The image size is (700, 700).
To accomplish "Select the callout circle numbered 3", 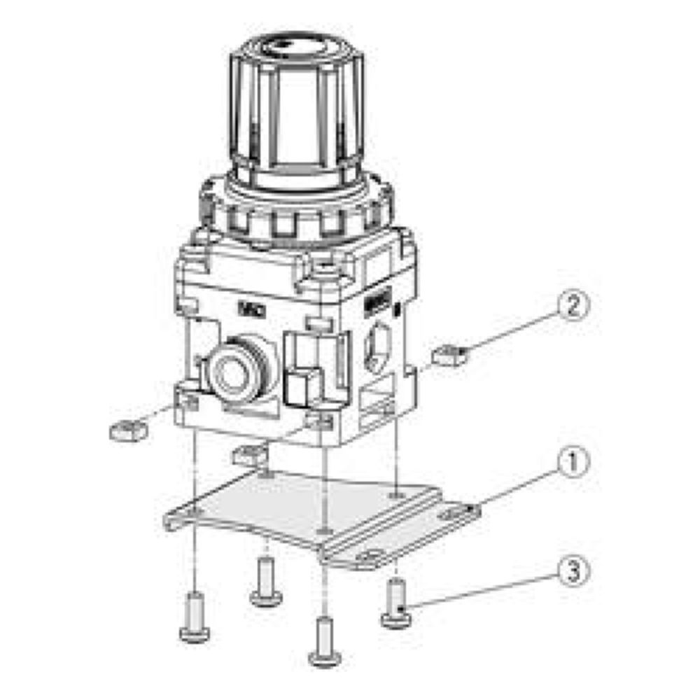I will point(574,570).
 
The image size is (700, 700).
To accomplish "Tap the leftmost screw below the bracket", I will point(194,616).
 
